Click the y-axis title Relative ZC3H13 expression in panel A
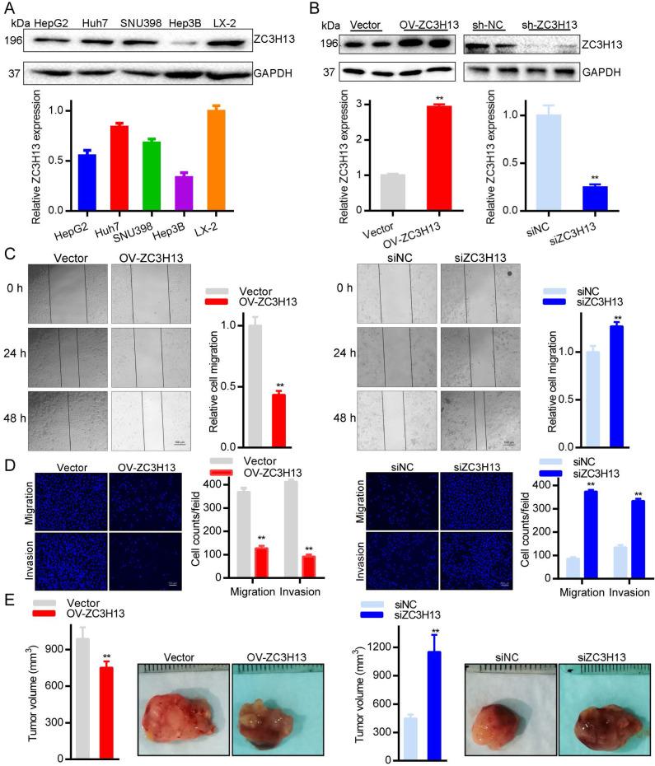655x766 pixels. click(37, 164)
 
